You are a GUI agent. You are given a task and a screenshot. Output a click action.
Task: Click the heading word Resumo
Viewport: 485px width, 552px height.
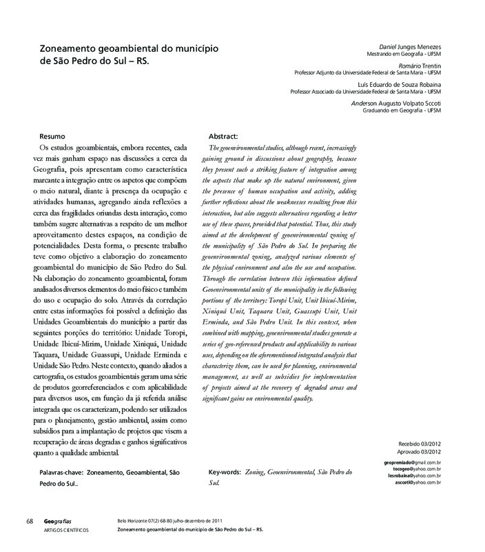click(52, 137)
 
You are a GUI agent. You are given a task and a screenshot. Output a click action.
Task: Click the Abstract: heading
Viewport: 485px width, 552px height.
click(223, 137)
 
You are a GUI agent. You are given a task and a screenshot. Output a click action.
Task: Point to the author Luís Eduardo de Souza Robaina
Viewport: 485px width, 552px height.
click(401, 84)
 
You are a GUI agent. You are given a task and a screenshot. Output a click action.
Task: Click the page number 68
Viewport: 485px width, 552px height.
click(30, 521)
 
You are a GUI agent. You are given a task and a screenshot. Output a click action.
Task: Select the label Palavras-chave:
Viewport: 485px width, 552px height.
click(64, 473)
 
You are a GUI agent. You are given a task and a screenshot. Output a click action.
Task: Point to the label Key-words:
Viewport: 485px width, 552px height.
click(224, 473)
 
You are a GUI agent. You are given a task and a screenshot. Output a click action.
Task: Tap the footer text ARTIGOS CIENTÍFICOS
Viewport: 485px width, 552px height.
click(67, 530)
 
